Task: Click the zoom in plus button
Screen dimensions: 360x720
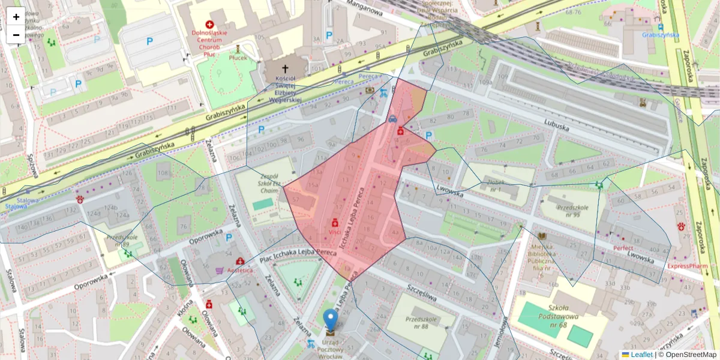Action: (16, 17)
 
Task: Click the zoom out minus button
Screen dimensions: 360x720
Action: (16, 35)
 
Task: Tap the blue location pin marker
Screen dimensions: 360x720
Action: (330, 320)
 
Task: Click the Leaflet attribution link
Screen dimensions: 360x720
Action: (641, 355)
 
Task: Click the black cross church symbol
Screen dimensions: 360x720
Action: (284, 69)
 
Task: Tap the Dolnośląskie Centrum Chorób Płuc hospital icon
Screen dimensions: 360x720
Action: (210, 24)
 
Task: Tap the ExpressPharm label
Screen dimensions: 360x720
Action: (687, 265)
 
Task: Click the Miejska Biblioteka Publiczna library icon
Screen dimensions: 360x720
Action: (542, 236)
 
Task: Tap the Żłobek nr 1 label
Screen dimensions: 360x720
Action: (496, 185)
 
